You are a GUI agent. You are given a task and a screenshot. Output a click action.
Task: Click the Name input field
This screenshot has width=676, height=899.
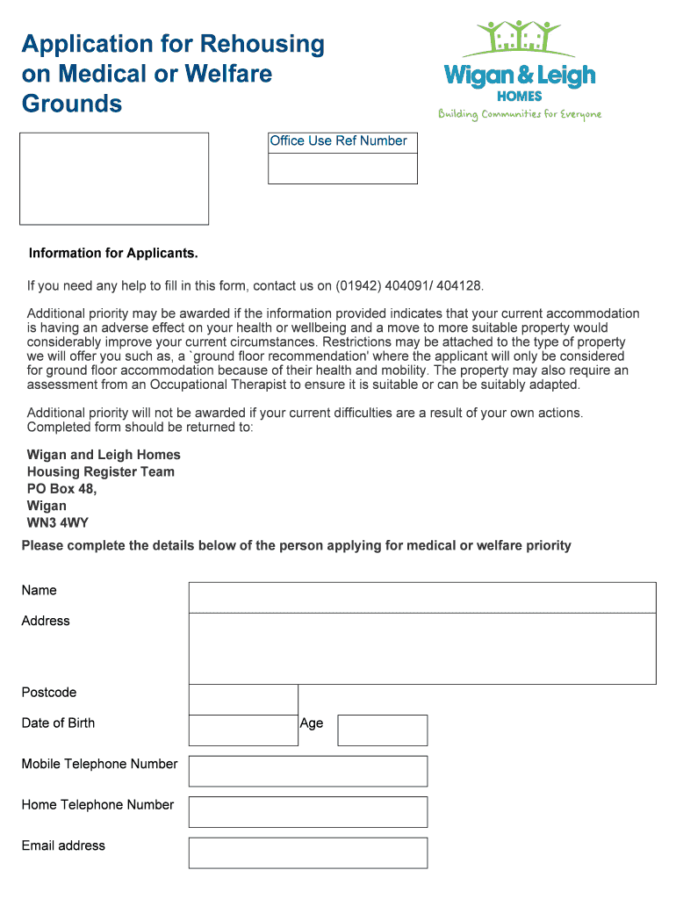421,597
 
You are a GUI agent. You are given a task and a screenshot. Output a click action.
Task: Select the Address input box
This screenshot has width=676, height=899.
421,648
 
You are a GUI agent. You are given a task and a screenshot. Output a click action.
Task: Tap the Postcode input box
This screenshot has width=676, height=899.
243,700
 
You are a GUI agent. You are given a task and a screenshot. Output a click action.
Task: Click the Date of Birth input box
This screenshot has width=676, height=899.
243,730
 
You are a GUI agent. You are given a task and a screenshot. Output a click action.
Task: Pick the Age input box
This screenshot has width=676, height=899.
382,730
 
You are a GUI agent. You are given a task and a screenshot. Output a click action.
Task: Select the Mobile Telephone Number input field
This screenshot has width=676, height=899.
307,771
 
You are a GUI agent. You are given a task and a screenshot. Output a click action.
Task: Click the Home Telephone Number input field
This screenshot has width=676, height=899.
307,811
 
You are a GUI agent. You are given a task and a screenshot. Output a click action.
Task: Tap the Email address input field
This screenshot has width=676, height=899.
307,852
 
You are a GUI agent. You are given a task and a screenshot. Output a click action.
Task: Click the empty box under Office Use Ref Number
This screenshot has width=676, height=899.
342,169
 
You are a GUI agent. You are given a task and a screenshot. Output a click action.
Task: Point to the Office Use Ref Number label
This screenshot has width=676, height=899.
339,141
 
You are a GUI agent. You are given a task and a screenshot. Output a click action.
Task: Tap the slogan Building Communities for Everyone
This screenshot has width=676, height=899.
520,114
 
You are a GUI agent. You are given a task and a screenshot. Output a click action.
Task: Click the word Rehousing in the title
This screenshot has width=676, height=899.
262,44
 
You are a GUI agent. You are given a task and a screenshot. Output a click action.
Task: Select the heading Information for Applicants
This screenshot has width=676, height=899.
113,254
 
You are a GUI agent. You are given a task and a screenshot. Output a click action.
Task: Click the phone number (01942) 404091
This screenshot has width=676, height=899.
384,286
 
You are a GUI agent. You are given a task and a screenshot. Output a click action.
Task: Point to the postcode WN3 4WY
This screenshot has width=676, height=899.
58,523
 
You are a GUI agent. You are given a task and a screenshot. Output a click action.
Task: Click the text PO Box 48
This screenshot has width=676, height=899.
61,489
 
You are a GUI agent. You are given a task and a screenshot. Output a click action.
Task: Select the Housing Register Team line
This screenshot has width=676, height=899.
101,471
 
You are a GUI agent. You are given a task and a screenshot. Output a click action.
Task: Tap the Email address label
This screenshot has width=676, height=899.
63,845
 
